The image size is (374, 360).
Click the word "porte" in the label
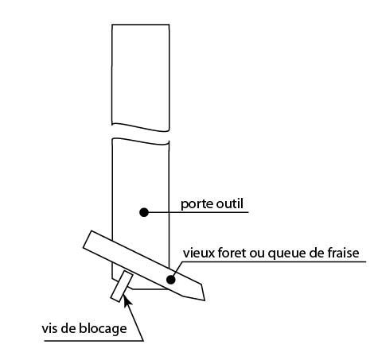pos(197,204)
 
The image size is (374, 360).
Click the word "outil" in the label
pos(230,203)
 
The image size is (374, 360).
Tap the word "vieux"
pos(199,253)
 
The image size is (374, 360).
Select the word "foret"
pos(232,253)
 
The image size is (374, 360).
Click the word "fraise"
pos(343,253)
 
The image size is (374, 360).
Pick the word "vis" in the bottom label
pos(49,329)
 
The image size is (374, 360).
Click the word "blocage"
pos(103,329)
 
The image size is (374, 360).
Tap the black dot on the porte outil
pos(144,212)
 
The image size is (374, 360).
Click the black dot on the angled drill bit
pos(171,280)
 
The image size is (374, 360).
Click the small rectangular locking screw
pos(122,287)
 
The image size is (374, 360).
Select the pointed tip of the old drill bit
pos(205,300)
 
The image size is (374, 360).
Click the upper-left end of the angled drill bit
pos(88,239)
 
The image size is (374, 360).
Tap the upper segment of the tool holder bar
pos(140,77)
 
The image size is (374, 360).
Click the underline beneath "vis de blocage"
pos(94,341)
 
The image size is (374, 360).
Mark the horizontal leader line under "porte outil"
pos(196,212)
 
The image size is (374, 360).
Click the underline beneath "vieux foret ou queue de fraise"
pos(274,262)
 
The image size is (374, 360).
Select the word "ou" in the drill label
pos(257,254)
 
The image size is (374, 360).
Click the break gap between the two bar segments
pos(140,135)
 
